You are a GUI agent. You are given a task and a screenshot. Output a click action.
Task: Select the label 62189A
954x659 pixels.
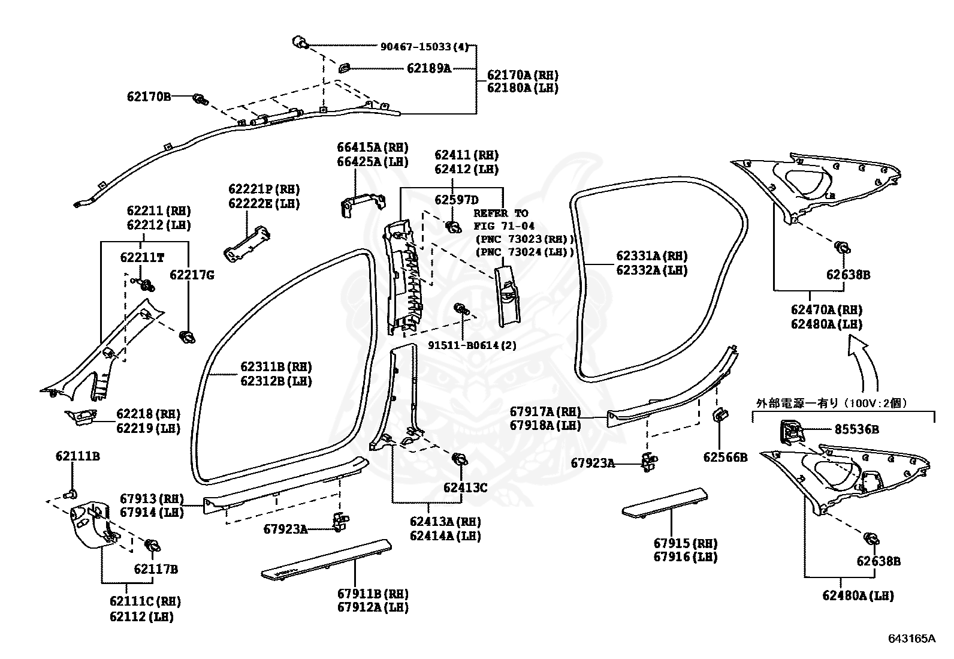tap(428, 68)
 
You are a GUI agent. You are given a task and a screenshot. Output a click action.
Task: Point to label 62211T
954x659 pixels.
tap(142, 257)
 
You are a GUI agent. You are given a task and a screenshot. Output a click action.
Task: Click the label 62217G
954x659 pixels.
tap(191, 275)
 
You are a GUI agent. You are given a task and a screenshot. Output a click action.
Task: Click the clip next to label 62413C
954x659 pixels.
tap(461, 461)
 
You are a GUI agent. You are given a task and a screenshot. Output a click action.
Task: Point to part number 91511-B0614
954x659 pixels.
tap(472, 345)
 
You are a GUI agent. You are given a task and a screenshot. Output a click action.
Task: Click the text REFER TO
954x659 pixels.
tap(501, 213)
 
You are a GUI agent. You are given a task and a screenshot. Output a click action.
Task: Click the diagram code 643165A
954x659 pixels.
tap(911, 638)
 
